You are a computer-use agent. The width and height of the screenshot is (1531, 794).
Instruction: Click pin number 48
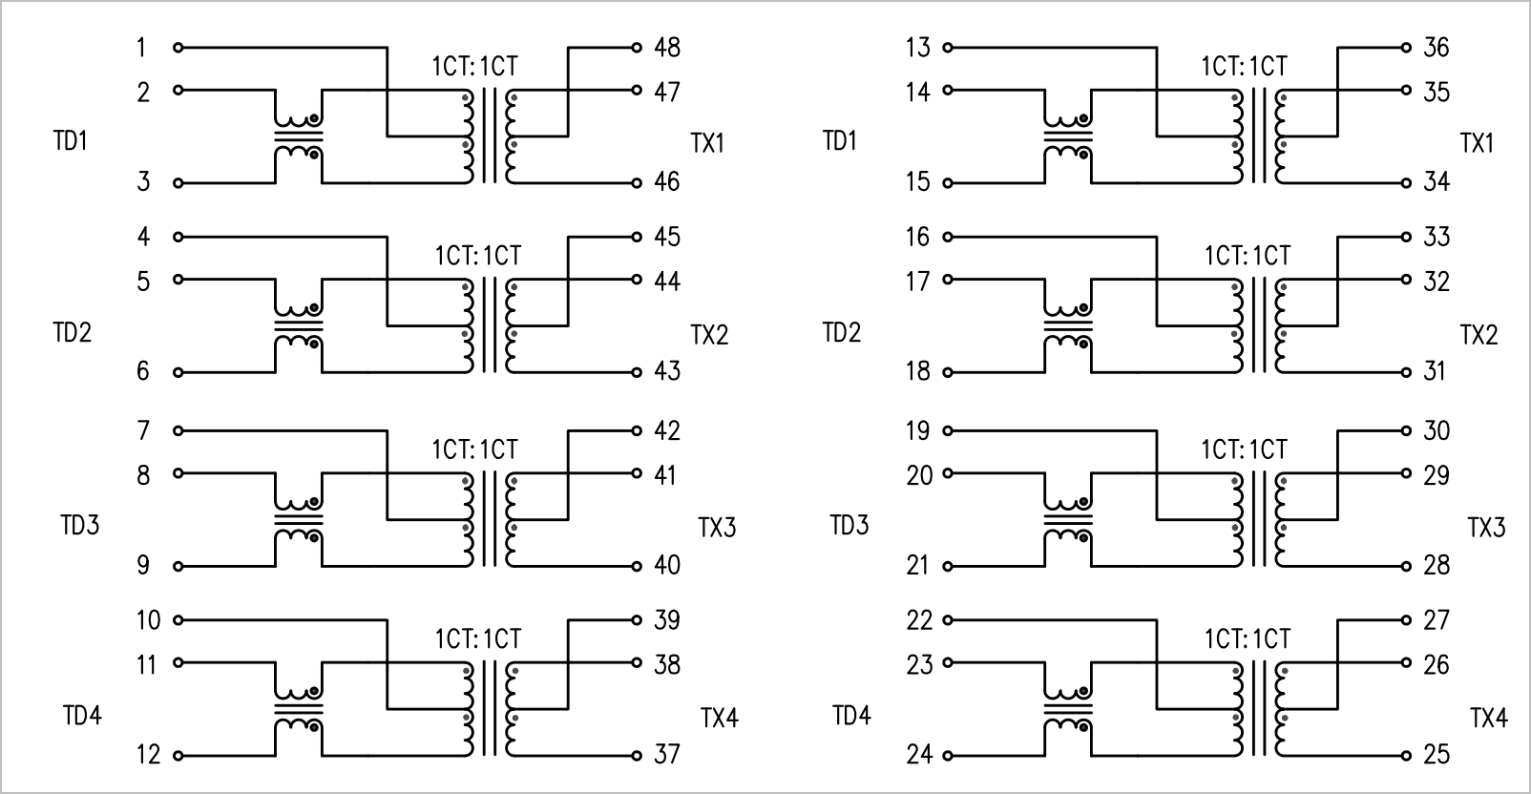667,47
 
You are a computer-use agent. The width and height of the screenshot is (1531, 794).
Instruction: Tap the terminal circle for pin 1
178,48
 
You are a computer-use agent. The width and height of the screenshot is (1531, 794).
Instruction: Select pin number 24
919,754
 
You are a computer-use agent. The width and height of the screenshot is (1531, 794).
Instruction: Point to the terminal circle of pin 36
1406,48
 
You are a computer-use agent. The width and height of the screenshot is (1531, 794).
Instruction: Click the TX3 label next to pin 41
717,528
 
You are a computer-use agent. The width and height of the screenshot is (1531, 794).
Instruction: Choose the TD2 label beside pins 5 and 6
72,332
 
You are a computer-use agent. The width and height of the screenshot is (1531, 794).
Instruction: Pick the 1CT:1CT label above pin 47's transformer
475,66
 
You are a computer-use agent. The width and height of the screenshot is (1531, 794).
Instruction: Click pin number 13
918,47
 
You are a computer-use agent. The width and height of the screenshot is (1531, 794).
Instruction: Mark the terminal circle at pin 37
637,756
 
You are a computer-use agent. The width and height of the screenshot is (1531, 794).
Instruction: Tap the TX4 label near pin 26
1489,718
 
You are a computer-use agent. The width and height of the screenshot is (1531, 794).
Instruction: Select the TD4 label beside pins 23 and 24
851,716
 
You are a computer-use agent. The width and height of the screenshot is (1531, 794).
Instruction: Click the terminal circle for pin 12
178,756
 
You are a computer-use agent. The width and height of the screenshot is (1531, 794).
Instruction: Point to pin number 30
1437,430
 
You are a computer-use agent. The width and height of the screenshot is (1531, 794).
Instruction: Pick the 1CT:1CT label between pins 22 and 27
1248,638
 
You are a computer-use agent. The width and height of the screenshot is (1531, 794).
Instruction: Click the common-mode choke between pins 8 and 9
299,520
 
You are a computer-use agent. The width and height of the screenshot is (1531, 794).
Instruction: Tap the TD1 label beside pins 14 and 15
840,140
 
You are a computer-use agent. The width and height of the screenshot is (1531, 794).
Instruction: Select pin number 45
667,237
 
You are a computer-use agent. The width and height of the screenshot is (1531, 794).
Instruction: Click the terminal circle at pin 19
948,431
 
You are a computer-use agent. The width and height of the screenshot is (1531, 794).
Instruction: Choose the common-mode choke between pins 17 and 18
1068,326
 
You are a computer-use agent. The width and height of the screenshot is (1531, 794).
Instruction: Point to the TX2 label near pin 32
1479,335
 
